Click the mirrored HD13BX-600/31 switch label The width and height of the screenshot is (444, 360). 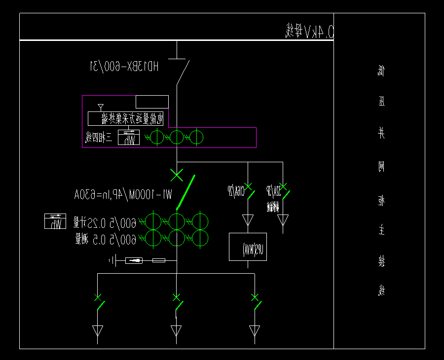point(124,66)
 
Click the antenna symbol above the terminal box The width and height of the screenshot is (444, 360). point(101,106)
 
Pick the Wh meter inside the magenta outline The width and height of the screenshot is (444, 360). point(129,138)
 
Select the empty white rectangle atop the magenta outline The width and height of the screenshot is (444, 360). point(152,102)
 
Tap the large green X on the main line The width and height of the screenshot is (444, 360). point(177,175)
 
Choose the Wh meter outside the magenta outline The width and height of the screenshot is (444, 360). point(55,221)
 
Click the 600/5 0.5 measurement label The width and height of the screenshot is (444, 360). point(106,240)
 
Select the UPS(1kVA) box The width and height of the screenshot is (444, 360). point(248,247)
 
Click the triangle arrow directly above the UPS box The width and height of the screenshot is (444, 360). point(248,219)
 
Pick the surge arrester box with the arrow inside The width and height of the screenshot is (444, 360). point(134,260)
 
